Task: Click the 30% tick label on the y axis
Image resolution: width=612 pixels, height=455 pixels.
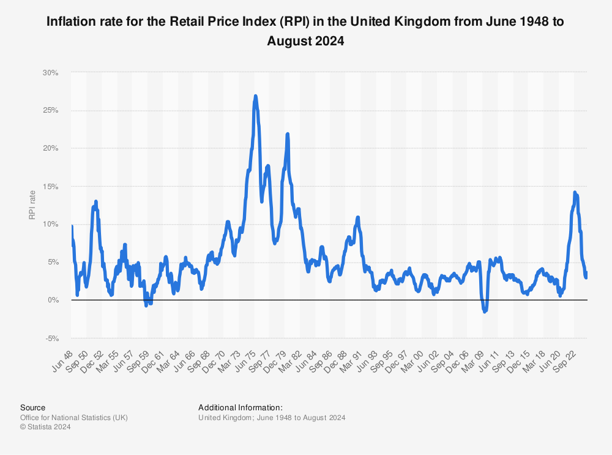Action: coord(51,72)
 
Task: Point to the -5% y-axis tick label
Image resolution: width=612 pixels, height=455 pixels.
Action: coord(51,338)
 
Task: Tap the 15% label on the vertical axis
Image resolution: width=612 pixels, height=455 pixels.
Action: coord(51,186)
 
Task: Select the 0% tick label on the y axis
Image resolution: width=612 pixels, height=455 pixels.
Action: coord(53,300)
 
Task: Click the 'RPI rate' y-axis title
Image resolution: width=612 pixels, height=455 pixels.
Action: coord(32,205)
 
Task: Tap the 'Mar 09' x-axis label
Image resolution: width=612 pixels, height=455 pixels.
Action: coord(473,358)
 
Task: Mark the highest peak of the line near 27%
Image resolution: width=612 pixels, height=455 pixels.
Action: coord(255,96)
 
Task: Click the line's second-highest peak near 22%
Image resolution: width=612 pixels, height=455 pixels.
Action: coord(288,133)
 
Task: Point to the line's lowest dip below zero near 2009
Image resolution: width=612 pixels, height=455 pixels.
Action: coord(485,312)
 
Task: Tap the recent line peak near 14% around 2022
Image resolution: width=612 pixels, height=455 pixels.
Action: coord(575,192)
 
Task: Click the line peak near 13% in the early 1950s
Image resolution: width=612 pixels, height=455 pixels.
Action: coord(96,201)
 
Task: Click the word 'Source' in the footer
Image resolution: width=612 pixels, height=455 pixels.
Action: coord(32,407)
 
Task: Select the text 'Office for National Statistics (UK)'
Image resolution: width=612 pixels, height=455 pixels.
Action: coord(73,418)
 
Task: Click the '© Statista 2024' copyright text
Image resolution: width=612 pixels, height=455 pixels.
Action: coord(45,427)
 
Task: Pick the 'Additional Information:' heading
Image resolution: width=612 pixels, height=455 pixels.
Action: coord(240,407)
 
